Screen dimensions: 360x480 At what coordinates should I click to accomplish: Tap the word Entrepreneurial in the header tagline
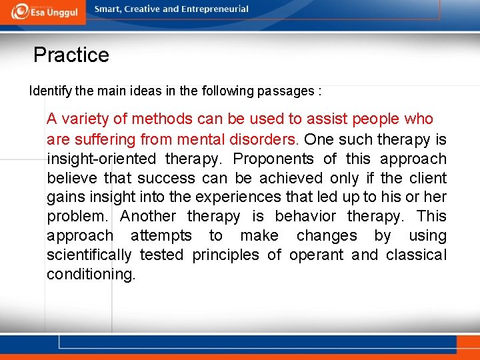tap(213, 9)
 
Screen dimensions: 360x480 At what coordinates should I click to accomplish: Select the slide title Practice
tap(71, 55)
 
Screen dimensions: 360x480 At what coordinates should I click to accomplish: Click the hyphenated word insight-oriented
tap(100, 159)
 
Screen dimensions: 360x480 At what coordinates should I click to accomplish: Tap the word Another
tap(148, 217)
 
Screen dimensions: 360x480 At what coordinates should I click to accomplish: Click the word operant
tap(317, 255)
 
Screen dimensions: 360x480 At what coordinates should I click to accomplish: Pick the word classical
tap(415, 255)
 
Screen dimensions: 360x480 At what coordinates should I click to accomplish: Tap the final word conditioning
tap(91, 274)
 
